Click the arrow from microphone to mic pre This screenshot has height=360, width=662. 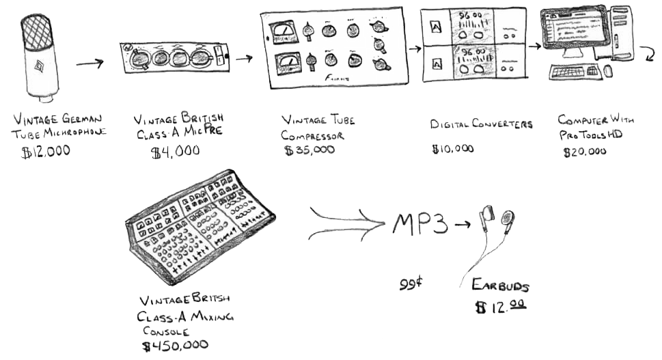point(89,64)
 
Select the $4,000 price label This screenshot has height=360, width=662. point(174,152)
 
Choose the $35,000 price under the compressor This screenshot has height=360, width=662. point(309,150)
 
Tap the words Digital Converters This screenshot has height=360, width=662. point(481,124)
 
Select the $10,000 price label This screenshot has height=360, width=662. point(452,149)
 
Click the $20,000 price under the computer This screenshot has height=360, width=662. point(583,152)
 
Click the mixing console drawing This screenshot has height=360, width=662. point(198,225)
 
